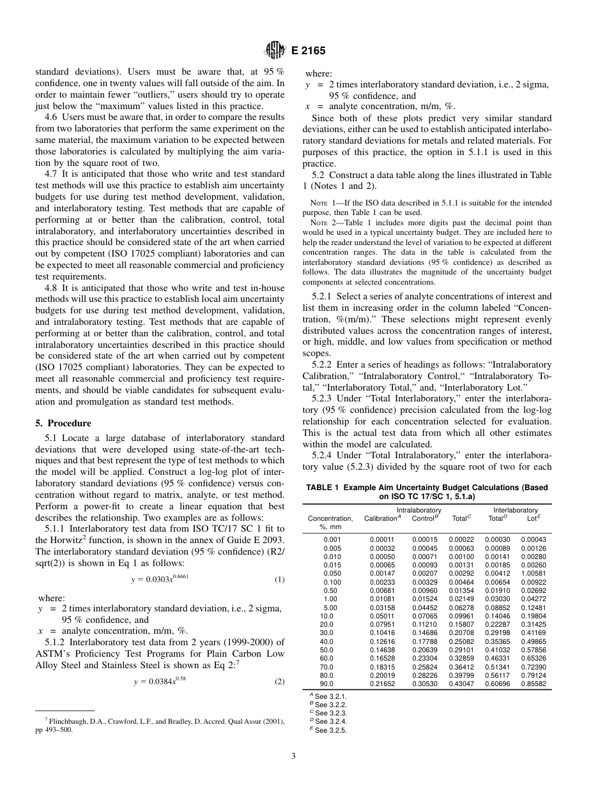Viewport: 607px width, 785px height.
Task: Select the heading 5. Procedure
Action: click(x=63, y=423)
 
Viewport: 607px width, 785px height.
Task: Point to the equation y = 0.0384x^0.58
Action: click(x=160, y=681)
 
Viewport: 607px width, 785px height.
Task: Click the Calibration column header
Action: click(x=381, y=518)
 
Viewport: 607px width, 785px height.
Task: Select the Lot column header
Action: click(x=534, y=518)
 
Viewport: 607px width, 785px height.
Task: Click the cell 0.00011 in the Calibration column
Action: click(x=382, y=539)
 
